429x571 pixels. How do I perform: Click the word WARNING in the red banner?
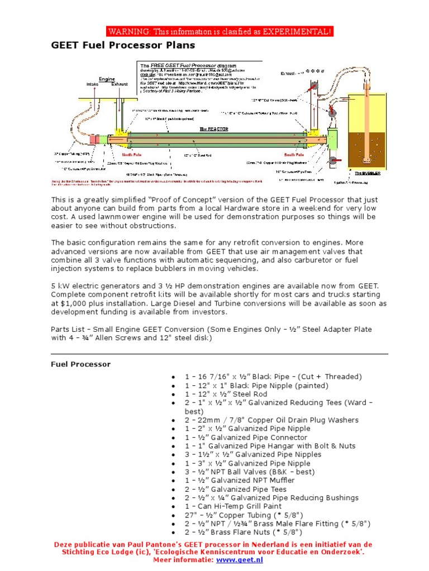click(x=128, y=31)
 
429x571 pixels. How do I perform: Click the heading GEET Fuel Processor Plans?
click(x=123, y=45)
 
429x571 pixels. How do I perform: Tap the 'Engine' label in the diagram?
click(x=107, y=79)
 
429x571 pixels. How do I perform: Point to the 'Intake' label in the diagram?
click(x=93, y=84)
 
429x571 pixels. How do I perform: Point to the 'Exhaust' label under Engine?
click(x=119, y=84)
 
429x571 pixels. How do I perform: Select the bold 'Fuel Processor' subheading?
click(x=80, y=364)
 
